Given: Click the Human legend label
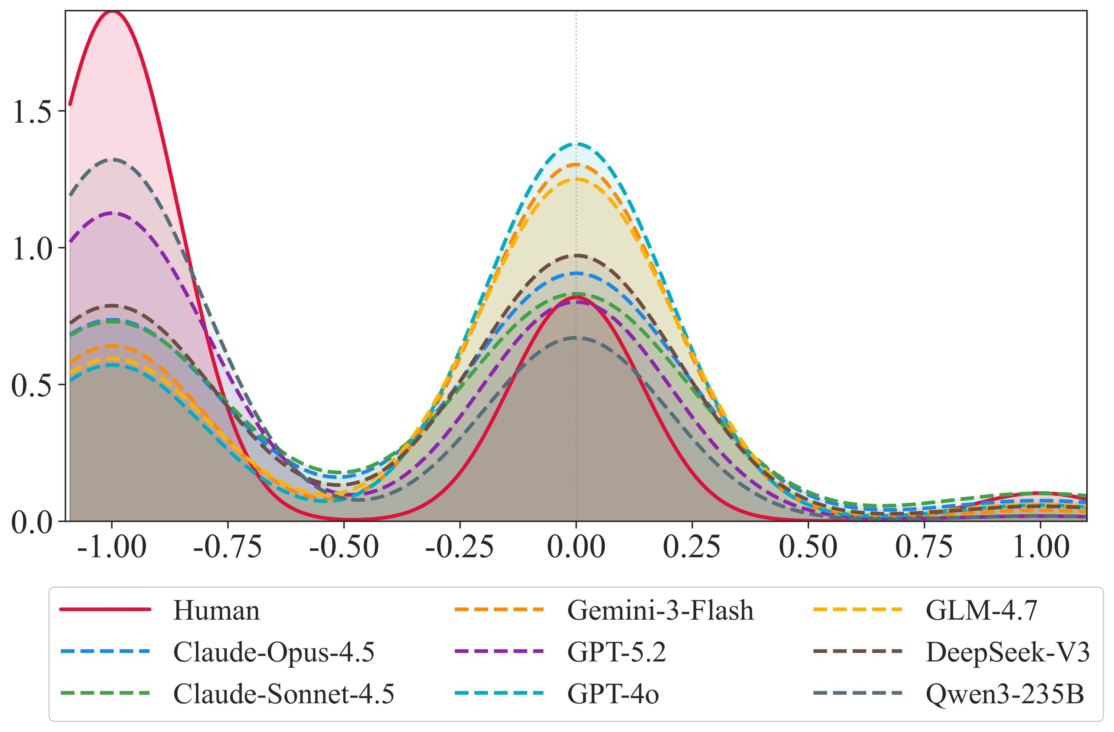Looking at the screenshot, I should tap(216, 611).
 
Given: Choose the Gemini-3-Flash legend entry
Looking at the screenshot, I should tap(660, 611).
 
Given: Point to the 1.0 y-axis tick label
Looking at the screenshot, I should tap(32, 248).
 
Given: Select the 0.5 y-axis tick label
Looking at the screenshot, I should tap(32, 385).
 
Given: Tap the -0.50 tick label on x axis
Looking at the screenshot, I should tap(344, 546).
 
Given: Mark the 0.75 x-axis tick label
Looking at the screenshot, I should tap(924, 546).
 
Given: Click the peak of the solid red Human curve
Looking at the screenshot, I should tap(112, 12).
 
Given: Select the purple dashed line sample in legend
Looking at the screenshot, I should tap(499, 651).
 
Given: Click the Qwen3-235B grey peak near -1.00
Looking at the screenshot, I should tap(112, 160).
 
